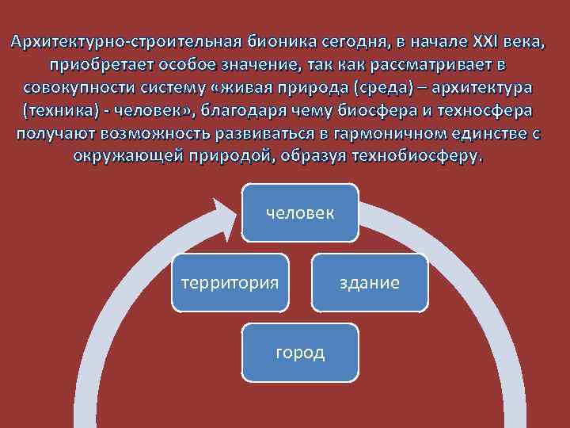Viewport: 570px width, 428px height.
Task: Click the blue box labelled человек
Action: point(300,212)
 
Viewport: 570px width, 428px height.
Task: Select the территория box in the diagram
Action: point(230,282)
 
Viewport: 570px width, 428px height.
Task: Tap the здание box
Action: point(370,282)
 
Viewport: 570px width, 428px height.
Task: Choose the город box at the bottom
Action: point(300,352)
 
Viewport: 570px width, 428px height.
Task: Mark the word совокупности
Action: point(77,86)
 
